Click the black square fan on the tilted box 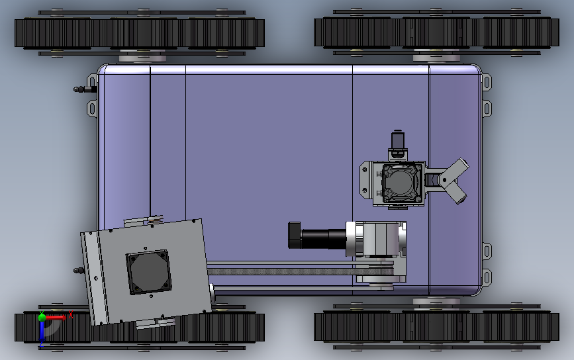tap(148, 272)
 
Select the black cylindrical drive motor tap(322, 236)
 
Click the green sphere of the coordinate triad tap(42, 318)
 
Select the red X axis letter tap(70, 315)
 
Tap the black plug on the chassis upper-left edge tap(83, 89)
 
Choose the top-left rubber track tap(140, 33)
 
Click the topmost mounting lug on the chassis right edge tap(487, 83)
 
